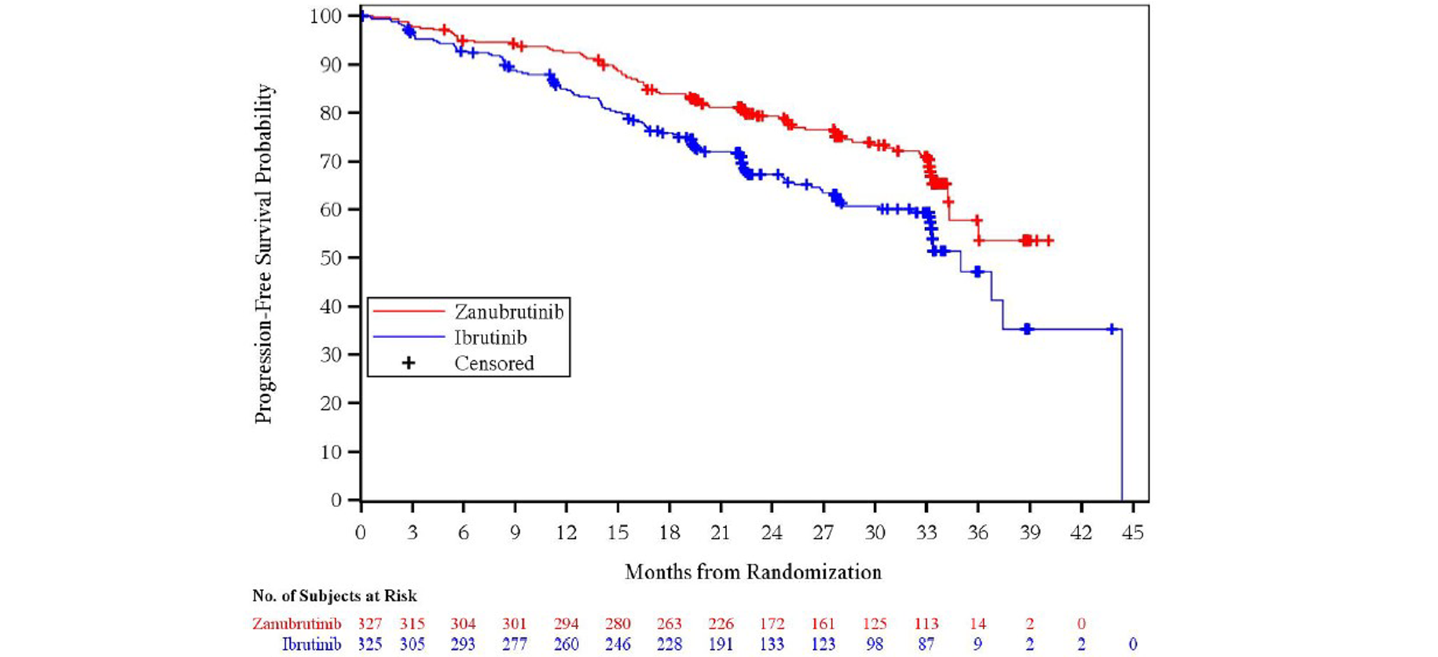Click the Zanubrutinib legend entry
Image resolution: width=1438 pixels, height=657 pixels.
[x=508, y=312]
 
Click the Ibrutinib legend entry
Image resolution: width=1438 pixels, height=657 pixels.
[x=490, y=338]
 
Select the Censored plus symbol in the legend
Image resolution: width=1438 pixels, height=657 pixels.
[x=409, y=363]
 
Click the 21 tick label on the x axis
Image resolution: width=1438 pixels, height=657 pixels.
[x=721, y=533]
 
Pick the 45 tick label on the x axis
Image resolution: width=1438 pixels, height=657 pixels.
[x=1132, y=533]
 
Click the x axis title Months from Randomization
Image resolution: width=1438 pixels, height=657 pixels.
[x=753, y=572]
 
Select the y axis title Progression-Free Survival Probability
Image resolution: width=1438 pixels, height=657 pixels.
[x=264, y=254]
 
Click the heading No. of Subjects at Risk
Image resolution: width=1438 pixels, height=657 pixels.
[x=334, y=596]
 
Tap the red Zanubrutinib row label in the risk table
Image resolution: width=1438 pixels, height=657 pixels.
[x=296, y=624]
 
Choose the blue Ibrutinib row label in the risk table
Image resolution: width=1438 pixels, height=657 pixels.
[x=311, y=644]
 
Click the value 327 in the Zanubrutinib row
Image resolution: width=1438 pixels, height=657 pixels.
[x=370, y=624]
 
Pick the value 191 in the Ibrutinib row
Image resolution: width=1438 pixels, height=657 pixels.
[x=721, y=644]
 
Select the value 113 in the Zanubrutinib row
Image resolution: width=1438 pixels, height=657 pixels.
[x=926, y=624]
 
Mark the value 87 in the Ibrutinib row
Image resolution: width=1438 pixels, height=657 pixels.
[x=926, y=644]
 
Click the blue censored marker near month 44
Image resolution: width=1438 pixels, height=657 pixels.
[x=1111, y=329]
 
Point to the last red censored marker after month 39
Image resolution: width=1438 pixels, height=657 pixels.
[x=1048, y=240]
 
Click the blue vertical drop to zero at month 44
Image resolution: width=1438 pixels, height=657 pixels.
[x=1121, y=417]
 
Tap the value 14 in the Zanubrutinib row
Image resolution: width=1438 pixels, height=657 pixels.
[x=978, y=624]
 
